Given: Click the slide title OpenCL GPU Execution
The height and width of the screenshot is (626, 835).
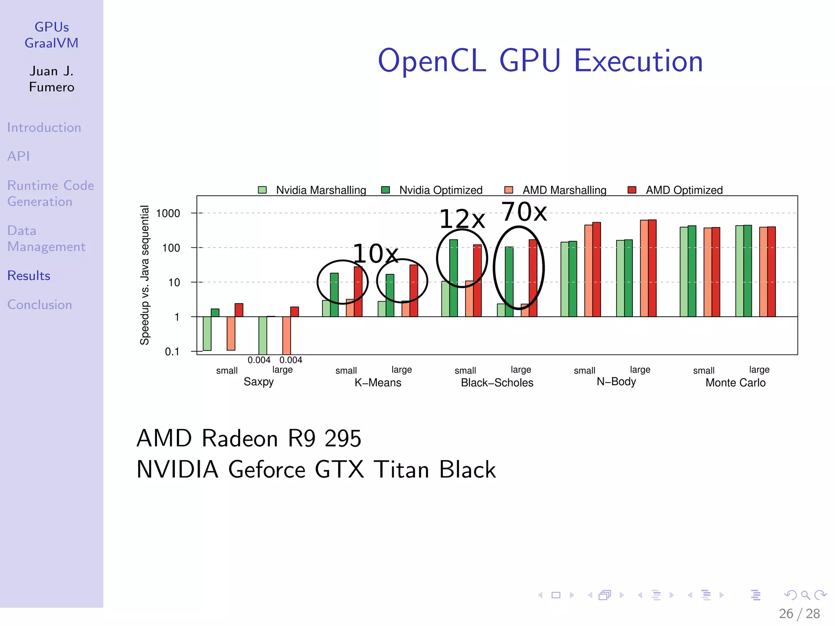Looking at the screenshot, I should click(x=540, y=61).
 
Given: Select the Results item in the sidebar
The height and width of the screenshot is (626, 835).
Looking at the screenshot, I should click(x=29, y=276).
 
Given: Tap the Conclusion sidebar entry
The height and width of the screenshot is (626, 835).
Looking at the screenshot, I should click(x=40, y=305).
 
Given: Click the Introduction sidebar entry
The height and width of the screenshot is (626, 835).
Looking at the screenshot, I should click(x=44, y=128).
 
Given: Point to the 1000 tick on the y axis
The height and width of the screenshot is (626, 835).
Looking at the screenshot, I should click(x=168, y=214).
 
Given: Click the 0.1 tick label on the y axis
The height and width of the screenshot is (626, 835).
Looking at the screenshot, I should click(x=172, y=352).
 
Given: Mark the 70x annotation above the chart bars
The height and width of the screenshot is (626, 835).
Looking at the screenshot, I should click(x=524, y=212).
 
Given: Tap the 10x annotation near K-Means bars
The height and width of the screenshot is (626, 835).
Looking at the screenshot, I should click(x=375, y=254).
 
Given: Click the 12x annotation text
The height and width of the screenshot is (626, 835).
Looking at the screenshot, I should click(x=462, y=219).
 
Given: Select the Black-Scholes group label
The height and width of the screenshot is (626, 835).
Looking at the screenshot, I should click(x=497, y=383).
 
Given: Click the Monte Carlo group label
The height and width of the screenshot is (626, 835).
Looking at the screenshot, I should click(x=735, y=383).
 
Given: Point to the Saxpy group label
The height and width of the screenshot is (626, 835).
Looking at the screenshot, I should click(x=258, y=382).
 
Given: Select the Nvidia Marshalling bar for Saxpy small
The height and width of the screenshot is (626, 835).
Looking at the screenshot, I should click(x=207, y=333).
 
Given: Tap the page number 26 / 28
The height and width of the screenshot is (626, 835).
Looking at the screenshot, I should click(x=799, y=614).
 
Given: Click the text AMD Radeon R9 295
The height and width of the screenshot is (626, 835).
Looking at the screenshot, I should click(x=249, y=439).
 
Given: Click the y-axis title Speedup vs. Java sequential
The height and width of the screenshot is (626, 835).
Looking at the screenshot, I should click(x=145, y=275).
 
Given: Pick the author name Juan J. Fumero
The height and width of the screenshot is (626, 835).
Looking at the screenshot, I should click(x=52, y=79).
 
